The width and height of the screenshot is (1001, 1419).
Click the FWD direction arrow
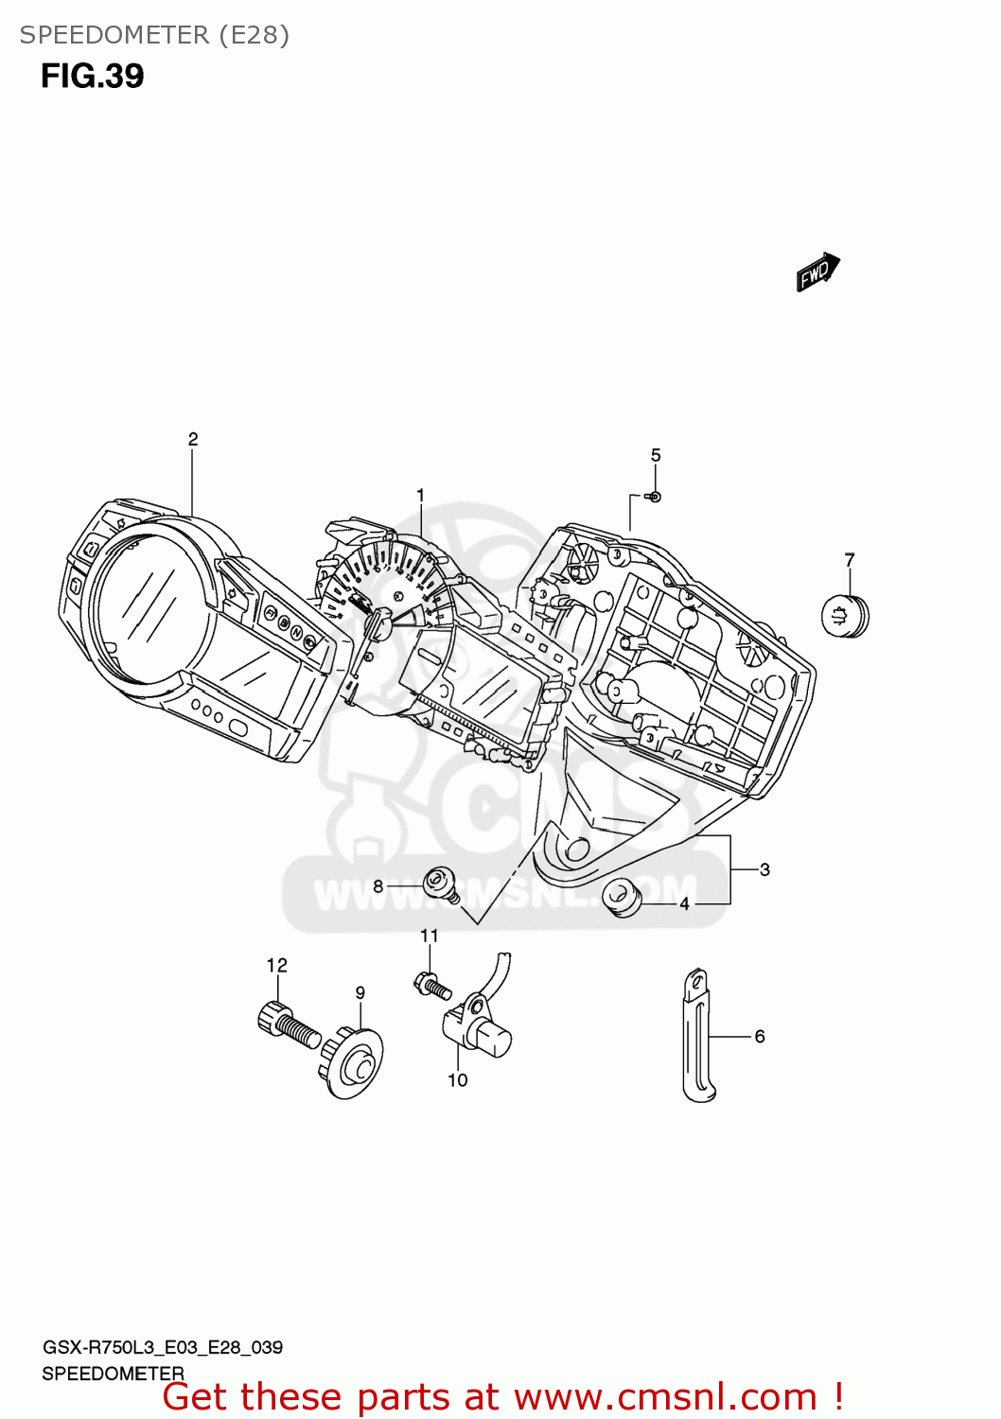[x=817, y=272]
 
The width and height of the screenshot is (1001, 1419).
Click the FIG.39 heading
[x=93, y=77]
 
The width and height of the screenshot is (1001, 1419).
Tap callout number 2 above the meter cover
[x=193, y=439]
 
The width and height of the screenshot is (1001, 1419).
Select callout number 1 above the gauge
[x=421, y=495]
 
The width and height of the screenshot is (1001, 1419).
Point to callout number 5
[x=656, y=455]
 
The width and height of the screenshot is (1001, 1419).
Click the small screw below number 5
[x=654, y=497]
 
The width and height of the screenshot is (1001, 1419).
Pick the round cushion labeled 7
[x=844, y=617]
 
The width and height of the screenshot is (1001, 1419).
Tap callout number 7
[x=850, y=560]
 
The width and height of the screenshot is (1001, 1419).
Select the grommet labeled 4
[x=622, y=897]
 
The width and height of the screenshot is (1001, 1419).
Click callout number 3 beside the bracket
[x=764, y=869]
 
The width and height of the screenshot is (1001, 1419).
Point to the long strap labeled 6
[x=697, y=1037]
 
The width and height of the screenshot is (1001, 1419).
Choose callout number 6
[x=760, y=1037]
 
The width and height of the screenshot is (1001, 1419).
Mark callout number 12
[x=276, y=965]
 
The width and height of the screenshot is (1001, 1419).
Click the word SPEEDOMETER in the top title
[x=114, y=35]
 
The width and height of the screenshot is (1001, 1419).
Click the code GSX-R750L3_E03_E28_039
[x=162, y=1347]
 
